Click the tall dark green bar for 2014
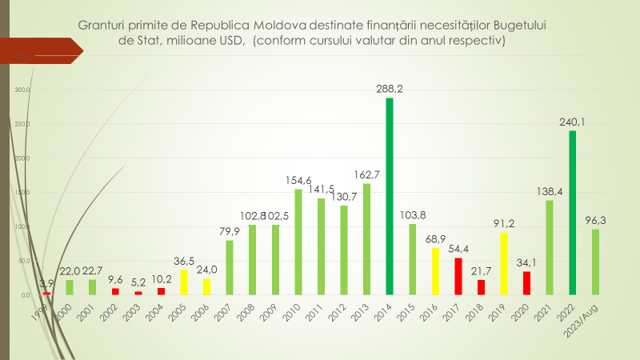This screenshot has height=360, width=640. (390, 196)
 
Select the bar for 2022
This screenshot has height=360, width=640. (573, 212)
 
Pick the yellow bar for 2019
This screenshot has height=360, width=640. (504, 263)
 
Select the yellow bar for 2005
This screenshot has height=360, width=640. (183, 282)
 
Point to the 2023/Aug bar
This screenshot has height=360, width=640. (595, 262)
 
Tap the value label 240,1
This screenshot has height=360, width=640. (573, 123)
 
